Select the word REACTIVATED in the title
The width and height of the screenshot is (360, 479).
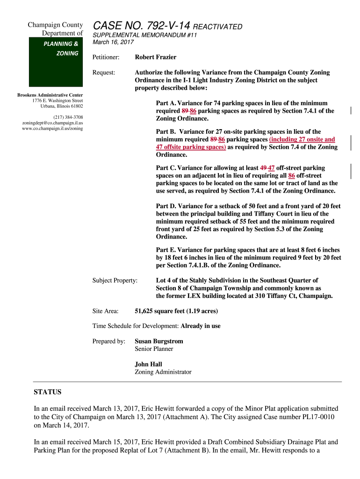coord(218,27)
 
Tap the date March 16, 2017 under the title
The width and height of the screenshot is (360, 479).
coord(113,42)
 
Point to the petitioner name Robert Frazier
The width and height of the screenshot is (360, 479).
coord(156,57)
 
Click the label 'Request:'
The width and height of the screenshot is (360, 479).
coord(103,73)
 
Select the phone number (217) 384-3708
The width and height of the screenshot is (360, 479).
coord(68,116)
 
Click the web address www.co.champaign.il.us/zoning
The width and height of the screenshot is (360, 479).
coord(53,128)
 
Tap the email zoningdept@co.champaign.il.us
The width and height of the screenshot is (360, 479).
coord(53,123)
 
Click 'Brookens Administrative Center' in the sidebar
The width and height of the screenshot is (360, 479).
coord(50,95)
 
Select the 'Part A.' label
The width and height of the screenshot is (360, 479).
coord(166,103)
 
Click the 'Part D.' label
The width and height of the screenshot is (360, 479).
coord(166,206)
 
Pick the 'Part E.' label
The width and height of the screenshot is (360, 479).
coord(166,250)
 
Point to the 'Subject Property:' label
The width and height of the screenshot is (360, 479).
coord(115,280)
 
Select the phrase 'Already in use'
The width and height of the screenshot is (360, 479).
coord(201,326)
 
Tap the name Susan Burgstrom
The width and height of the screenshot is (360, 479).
coord(159,341)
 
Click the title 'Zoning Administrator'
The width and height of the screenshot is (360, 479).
coord(163,372)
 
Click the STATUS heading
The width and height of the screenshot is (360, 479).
coord(48,392)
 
